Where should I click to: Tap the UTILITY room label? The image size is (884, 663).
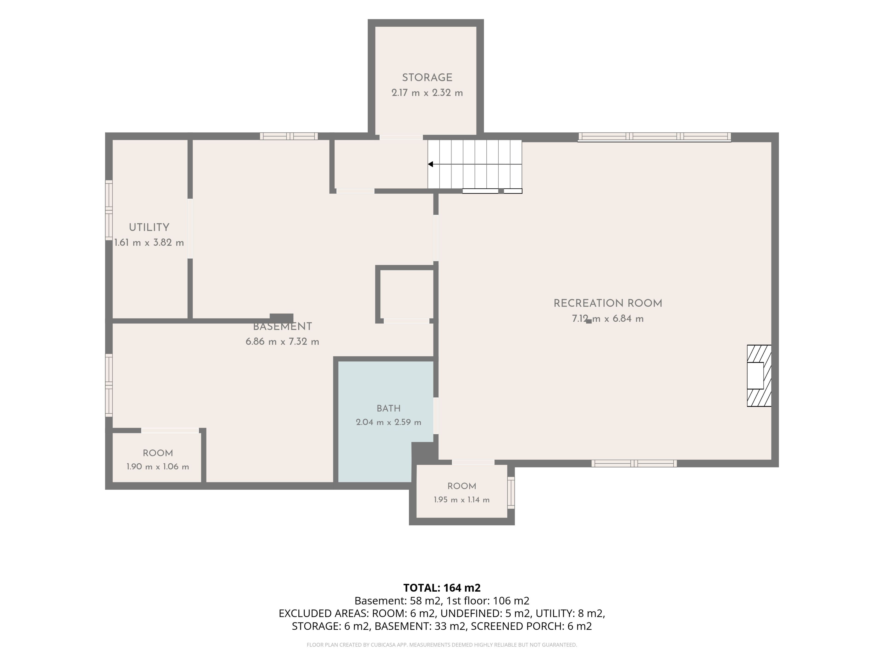[x=149, y=227]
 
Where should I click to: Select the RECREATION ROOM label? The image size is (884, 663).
[x=608, y=303]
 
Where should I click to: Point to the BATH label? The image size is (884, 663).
[x=388, y=408]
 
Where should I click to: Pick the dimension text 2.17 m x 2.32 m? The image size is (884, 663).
[x=427, y=93]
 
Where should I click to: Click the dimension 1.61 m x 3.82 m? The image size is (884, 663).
[x=149, y=243]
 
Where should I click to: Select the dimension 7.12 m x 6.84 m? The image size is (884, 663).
[x=608, y=319]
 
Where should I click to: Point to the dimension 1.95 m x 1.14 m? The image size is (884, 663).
[x=462, y=500]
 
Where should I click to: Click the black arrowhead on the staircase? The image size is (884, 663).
[x=430, y=164]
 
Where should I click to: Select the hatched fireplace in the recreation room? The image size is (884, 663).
[x=759, y=376]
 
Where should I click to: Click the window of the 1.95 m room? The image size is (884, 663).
[x=511, y=492]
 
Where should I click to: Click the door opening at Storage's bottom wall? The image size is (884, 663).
[x=401, y=137]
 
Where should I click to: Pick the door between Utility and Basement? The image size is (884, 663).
[x=190, y=229]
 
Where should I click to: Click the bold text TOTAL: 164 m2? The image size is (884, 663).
[x=442, y=588]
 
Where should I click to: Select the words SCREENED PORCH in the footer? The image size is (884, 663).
[x=517, y=626]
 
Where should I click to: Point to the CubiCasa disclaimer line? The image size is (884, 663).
[x=442, y=645]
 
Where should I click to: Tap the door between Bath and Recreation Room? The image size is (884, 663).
[x=436, y=416]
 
